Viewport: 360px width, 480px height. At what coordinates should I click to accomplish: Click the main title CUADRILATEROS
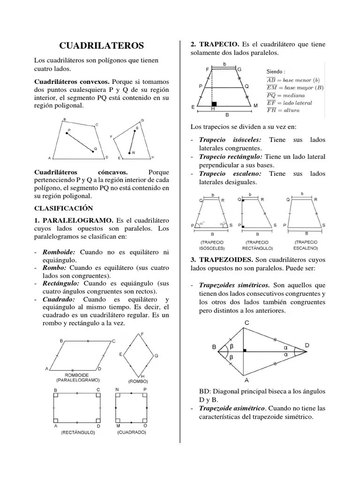pos(102,45)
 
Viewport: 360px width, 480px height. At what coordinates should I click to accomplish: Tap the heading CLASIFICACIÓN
pos(63,208)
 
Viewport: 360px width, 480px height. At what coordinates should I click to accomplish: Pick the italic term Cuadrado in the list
pos(60,299)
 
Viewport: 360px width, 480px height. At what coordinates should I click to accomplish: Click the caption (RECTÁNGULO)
pos(77,433)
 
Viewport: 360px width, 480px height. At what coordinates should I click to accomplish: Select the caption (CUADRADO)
pos(131,432)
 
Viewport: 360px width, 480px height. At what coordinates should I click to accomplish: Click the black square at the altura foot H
pos(214,104)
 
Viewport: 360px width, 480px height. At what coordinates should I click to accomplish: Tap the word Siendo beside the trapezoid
pos(275,71)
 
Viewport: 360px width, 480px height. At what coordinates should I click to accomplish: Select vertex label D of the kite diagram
pos(307,345)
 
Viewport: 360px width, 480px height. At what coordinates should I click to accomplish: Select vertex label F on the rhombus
pos(142,334)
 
